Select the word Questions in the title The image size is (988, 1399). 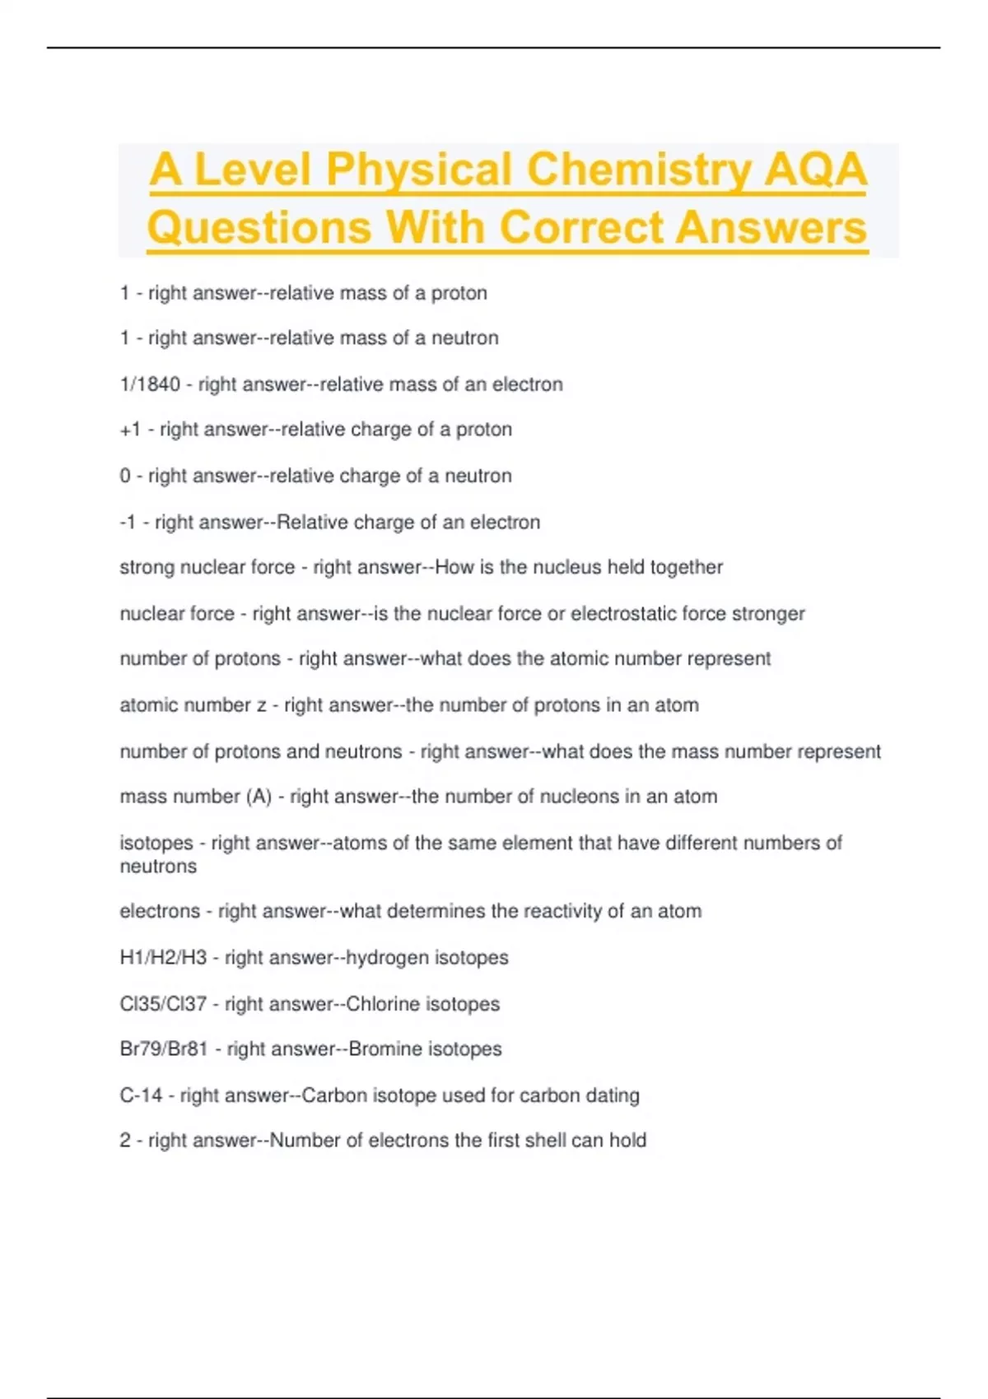click(x=259, y=228)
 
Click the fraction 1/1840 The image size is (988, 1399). click(x=150, y=384)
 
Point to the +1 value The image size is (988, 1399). click(x=130, y=430)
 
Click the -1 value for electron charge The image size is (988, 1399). click(x=128, y=523)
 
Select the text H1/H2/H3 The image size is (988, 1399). click(x=163, y=958)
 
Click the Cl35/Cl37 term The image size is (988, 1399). click(x=163, y=1004)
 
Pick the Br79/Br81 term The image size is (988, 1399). click(x=164, y=1049)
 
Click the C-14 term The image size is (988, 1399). click(x=141, y=1095)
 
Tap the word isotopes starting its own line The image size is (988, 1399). click(x=156, y=844)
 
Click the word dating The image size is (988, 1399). click(x=613, y=1095)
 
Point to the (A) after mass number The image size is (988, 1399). click(x=259, y=797)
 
